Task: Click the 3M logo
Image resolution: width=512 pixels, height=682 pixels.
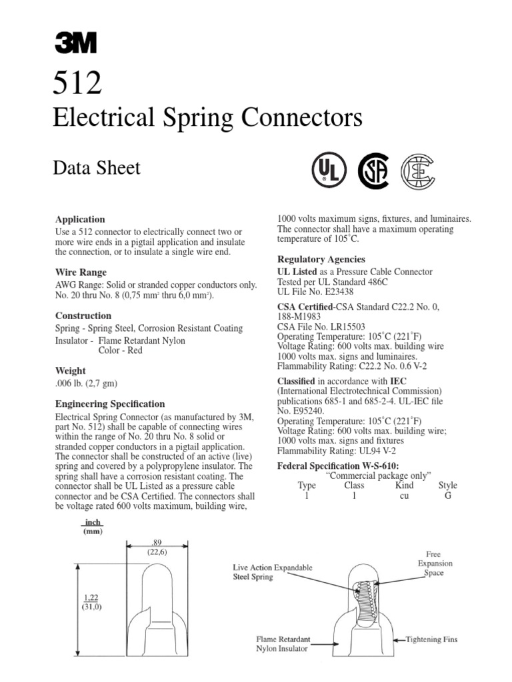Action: (75, 44)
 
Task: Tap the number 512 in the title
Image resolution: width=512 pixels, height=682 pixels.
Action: (77, 84)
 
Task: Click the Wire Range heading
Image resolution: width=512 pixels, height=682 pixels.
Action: (82, 272)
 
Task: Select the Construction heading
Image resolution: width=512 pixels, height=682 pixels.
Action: (83, 316)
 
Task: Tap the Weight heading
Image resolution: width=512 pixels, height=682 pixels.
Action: (71, 370)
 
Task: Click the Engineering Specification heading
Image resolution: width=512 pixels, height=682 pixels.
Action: (110, 404)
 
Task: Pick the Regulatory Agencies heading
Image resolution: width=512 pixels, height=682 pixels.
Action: (321, 259)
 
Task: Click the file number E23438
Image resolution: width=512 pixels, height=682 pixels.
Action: (335, 292)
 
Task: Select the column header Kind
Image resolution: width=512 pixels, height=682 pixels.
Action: (405, 486)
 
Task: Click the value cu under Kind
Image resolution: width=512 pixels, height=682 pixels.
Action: (404, 496)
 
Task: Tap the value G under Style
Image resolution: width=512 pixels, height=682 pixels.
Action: (447, 496)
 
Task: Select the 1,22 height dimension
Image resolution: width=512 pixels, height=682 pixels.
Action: (91, 597)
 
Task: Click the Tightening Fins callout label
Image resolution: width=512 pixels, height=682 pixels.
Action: (432, 639)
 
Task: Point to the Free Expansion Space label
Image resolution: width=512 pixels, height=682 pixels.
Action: (434, 563)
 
